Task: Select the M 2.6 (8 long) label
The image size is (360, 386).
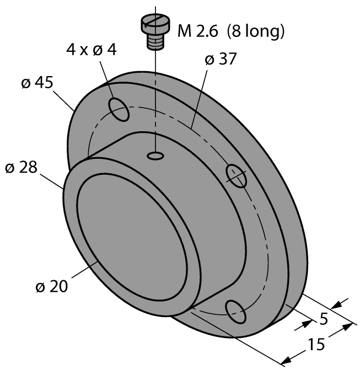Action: pyautogui.click(x=230, y=32)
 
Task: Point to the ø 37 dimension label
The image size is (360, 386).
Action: pyautogui.click(x=220, y=59)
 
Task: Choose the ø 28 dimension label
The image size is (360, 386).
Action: pyautogui.click(x=22, y=168)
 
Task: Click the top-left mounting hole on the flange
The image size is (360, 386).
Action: pyautogui.click(x=120, y=109)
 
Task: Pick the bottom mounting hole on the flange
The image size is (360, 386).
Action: pyautogui.click(x=235, y=312)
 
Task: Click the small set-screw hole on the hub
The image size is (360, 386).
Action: pyautogui.click(x=155, y=157)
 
